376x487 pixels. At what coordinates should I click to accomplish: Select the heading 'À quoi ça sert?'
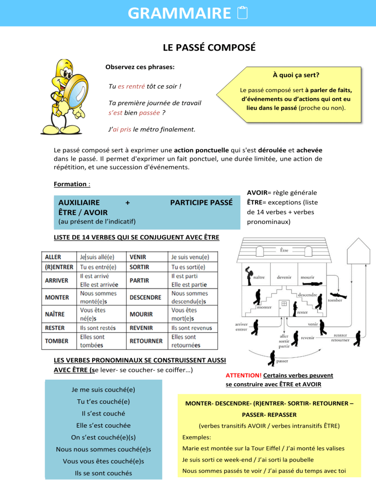[293, 75]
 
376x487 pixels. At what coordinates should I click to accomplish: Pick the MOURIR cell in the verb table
[141, 314]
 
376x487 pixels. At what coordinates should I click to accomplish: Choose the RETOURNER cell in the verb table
[146, 341]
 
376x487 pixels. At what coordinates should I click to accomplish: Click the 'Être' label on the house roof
[283, 250]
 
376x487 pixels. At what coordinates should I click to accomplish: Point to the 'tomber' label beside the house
[335, 300]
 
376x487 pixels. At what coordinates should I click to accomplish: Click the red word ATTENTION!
[240, 375]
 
